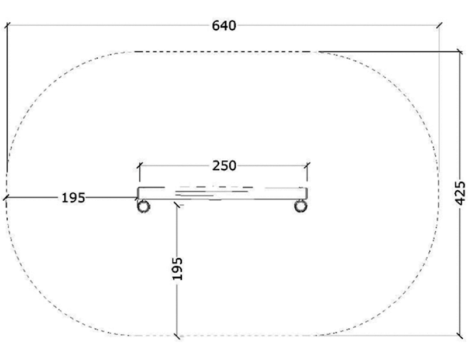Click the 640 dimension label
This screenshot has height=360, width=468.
coord(224,26)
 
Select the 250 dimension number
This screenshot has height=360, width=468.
coord(224,166)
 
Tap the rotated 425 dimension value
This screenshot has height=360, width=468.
coord(460,193)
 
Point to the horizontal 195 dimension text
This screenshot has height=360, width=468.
coord(73,198)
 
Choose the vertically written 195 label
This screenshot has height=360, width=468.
coord(178,268)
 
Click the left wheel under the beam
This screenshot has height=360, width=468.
coord(143,206)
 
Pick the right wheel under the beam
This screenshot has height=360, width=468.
coord(301,206)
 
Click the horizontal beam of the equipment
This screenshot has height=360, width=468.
coord(222,193)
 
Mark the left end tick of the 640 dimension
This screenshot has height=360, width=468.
coord(7,25)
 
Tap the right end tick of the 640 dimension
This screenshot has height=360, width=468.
coord(439,25)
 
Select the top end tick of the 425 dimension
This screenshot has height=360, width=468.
coord(460,52)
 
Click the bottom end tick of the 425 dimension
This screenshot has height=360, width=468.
coord(460,335)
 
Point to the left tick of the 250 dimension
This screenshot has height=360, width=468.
coord(139,166)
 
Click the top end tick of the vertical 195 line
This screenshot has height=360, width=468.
coord(177,205)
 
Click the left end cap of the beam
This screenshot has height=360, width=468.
coord(139,193)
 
